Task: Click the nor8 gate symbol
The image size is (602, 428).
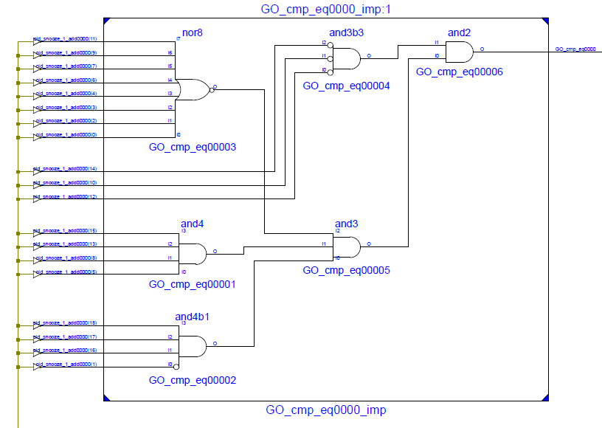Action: [193, 89]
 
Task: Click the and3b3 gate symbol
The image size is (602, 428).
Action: [347, 58]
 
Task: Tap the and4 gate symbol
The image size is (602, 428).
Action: [194, 254]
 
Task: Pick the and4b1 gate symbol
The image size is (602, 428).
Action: [193, 346]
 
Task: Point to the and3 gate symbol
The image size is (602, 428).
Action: [347, 246]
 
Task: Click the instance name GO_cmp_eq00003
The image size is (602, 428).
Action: [192, 148]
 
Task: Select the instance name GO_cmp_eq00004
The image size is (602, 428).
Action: [346, 86]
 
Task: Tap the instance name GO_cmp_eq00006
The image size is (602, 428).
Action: [459, 72]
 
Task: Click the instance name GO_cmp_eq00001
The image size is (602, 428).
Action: [192, 284]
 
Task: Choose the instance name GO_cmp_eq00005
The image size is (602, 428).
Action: [346, 271]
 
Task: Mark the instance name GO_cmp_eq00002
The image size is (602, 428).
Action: [192, 380]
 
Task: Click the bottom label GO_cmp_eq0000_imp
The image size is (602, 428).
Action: [325, 410]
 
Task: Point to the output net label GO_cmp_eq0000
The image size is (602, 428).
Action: [575, 49]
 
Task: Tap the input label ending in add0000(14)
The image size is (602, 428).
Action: [66, 169]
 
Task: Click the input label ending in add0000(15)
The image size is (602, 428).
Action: [66, 230]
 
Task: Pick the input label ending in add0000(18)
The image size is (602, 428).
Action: [66, 323]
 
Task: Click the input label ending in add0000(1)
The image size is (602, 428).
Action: [65, 365]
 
